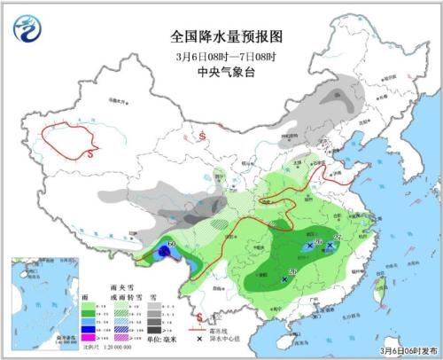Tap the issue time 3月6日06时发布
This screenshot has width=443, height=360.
click(407, 350)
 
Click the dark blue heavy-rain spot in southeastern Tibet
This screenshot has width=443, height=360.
click(164, 253)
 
